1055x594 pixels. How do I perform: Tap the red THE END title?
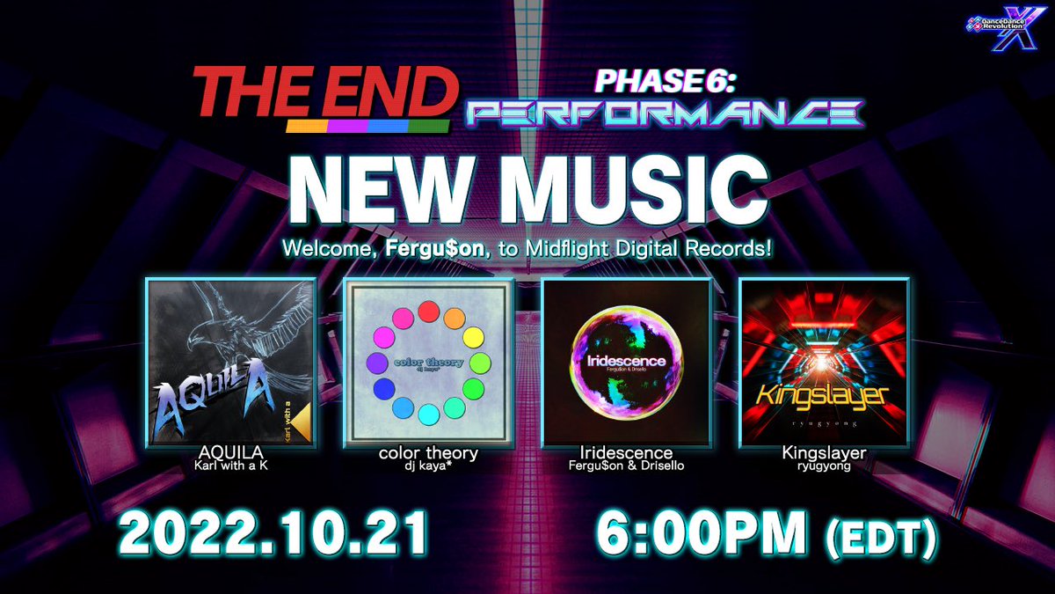click(324, 94)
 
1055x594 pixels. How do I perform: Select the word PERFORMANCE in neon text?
click(665, 112)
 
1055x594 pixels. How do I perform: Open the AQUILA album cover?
click(231, 360)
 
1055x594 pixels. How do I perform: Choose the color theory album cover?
click(428, 360)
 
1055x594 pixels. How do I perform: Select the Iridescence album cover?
click(626, 360)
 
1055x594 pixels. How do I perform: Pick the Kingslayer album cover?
click(824, 360)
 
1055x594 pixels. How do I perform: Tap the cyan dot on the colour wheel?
click(428, 414)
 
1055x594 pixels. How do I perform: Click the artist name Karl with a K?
click(231, 466)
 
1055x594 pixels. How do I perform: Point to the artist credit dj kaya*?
click(428, 466)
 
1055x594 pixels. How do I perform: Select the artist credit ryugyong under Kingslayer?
click(824, 466)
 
